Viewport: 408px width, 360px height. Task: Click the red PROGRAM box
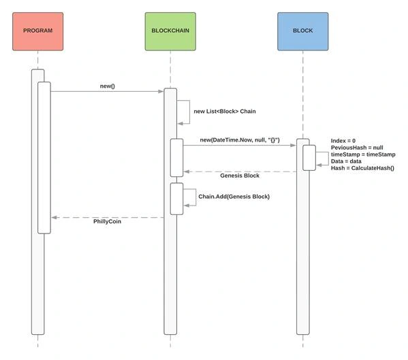[x=37, y=31]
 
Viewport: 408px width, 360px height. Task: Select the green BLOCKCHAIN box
[x=170, y=31]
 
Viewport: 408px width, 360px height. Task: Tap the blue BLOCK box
[x=303, y=31]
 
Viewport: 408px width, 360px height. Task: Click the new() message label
[x=107, y=86]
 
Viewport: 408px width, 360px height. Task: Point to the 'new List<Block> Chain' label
[x=225, y=111]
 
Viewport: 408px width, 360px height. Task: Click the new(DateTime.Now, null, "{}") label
[x=240, y=140]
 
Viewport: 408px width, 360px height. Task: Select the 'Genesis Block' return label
[x=240, y=176]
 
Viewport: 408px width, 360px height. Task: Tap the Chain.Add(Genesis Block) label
[x=234, y=197]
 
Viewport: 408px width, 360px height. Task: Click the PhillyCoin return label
[x=107, y=221]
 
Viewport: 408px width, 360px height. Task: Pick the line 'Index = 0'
[x=343, y=141]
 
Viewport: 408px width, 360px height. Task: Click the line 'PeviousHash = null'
[x=357, y=148]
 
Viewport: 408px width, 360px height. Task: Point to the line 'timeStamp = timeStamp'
[x=363, y=154]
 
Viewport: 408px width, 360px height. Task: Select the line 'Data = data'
[x=346, y=161]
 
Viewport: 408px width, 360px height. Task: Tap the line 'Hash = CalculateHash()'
[x=362, y=168]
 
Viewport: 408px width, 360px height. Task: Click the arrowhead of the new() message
[x=161, y=91]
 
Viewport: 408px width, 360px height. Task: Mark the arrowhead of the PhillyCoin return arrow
[x=54, y=217]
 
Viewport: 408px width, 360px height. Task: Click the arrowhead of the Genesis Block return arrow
[x=187, y=171]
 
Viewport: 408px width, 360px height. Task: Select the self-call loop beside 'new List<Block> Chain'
[x=189, y=112]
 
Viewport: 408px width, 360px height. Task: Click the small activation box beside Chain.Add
[x=176, y=199]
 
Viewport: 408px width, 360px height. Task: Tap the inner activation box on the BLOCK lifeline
[x=309, y=158]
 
